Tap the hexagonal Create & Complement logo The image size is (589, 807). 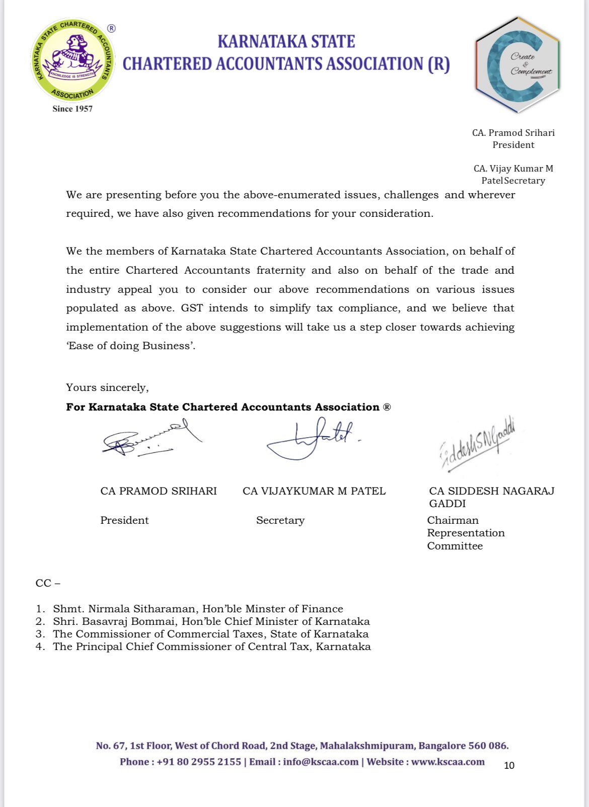tap(517, 64)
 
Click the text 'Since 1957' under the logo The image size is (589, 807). tap(72, 109)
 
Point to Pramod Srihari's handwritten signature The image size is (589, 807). tap(146, 439)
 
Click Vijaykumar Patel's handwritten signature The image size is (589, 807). tap(312, 439)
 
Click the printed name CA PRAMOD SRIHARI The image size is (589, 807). tap(159, 491)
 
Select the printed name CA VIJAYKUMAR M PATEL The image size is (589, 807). tap(314, 491)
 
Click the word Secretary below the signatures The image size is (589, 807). tap(280, 520)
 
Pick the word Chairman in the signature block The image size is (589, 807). tap(453, 520)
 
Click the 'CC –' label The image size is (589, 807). tap(48, 583)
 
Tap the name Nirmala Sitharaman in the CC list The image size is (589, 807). tap(143, 609)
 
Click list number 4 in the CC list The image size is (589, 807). tap(39, 647)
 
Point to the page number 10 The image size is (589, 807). tap(509, 765)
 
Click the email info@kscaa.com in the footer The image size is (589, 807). tap(321, 762)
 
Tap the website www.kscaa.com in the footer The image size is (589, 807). tap(448, 762)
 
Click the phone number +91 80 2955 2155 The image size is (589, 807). tap(199, 762)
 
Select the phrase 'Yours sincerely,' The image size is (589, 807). tap(107, 387)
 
